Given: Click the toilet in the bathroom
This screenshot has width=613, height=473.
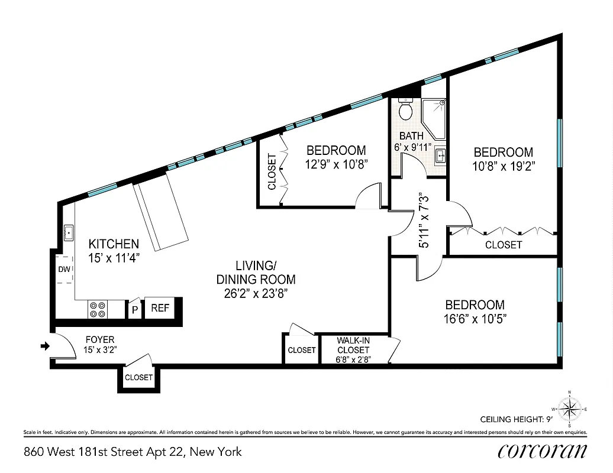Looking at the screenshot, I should click(406, 109).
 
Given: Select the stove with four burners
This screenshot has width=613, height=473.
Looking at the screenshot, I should click(98, 310).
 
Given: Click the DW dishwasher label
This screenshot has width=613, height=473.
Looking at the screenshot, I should click(64, 270).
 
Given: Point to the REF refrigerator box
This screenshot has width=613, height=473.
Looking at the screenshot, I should click(160, 308).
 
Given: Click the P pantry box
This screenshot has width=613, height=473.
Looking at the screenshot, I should click(135, 310).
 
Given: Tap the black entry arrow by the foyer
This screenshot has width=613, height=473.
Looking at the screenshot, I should click(44, 346).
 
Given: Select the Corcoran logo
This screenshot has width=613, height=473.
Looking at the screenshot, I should click(543, 451).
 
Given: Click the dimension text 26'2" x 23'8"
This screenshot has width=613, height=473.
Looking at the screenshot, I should click(256, 292).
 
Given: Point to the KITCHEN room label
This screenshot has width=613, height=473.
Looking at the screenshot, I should click(114, 244).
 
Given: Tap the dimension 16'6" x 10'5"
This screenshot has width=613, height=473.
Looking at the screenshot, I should click(475, 319).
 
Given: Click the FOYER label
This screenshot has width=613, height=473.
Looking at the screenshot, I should click(100, 339).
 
